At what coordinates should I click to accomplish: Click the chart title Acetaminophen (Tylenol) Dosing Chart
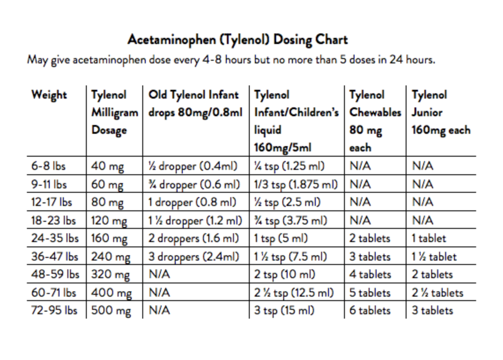(237, 40)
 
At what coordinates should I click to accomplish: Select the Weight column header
(49, 95)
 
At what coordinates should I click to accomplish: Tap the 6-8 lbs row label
(48, 166)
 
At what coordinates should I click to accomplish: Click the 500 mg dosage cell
(111, 311)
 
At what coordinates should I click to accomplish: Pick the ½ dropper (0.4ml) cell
(193, 166)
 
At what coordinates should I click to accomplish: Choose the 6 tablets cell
(370, 311)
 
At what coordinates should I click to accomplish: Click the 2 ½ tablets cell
(437, 293)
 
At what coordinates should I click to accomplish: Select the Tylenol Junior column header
(441, 113)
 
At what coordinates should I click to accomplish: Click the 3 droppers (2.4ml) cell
(194, 257)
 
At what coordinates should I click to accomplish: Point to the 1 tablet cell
(429, 239)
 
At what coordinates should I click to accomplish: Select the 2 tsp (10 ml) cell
(285, 275)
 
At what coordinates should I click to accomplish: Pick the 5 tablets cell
(370, 293)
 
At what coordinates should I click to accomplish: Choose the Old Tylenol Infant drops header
(196, 104)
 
